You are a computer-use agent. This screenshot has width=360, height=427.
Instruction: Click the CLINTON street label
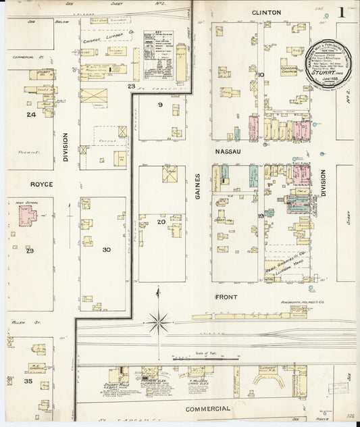[266, 12]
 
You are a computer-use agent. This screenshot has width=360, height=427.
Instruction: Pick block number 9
[160, 105]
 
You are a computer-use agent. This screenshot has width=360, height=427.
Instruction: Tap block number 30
[106, 249]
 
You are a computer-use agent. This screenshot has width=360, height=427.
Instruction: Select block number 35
[28, 382]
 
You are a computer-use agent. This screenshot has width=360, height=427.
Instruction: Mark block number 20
[161, 222]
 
